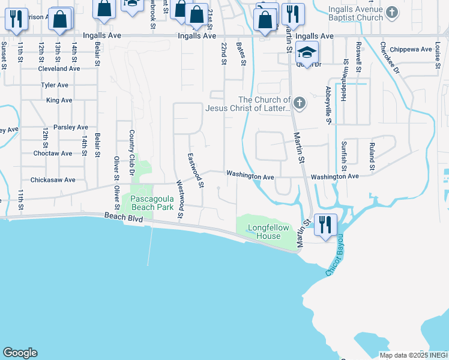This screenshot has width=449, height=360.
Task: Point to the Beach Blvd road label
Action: point(123,218)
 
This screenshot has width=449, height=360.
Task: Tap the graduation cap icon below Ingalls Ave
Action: point(307,53)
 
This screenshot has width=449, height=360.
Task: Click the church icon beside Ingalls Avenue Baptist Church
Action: point(392,11)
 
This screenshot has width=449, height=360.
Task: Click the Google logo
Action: point(20,353)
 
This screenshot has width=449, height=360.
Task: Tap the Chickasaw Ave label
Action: point(53,179)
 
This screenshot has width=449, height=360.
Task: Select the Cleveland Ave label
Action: point(59,68)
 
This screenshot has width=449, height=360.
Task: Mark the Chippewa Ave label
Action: point(411,49)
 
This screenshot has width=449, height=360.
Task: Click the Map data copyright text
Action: point(413,355)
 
